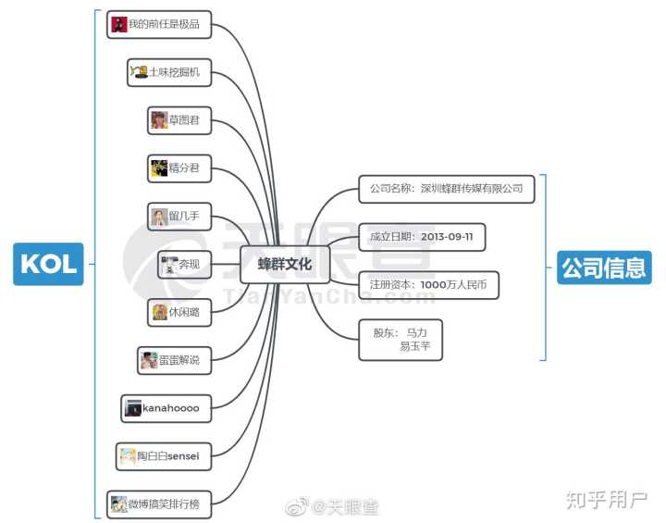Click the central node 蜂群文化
point(285,264)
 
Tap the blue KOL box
point(48,264)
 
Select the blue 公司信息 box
point(604,268)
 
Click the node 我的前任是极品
point(159,24)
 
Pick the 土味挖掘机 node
point(169,72)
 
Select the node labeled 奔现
point(184,265)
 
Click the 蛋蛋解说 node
point(173,360)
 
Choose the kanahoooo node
point(166,407)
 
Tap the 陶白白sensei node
point(163,455)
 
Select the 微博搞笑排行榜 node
point(159,504)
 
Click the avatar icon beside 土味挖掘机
point(139,71)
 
